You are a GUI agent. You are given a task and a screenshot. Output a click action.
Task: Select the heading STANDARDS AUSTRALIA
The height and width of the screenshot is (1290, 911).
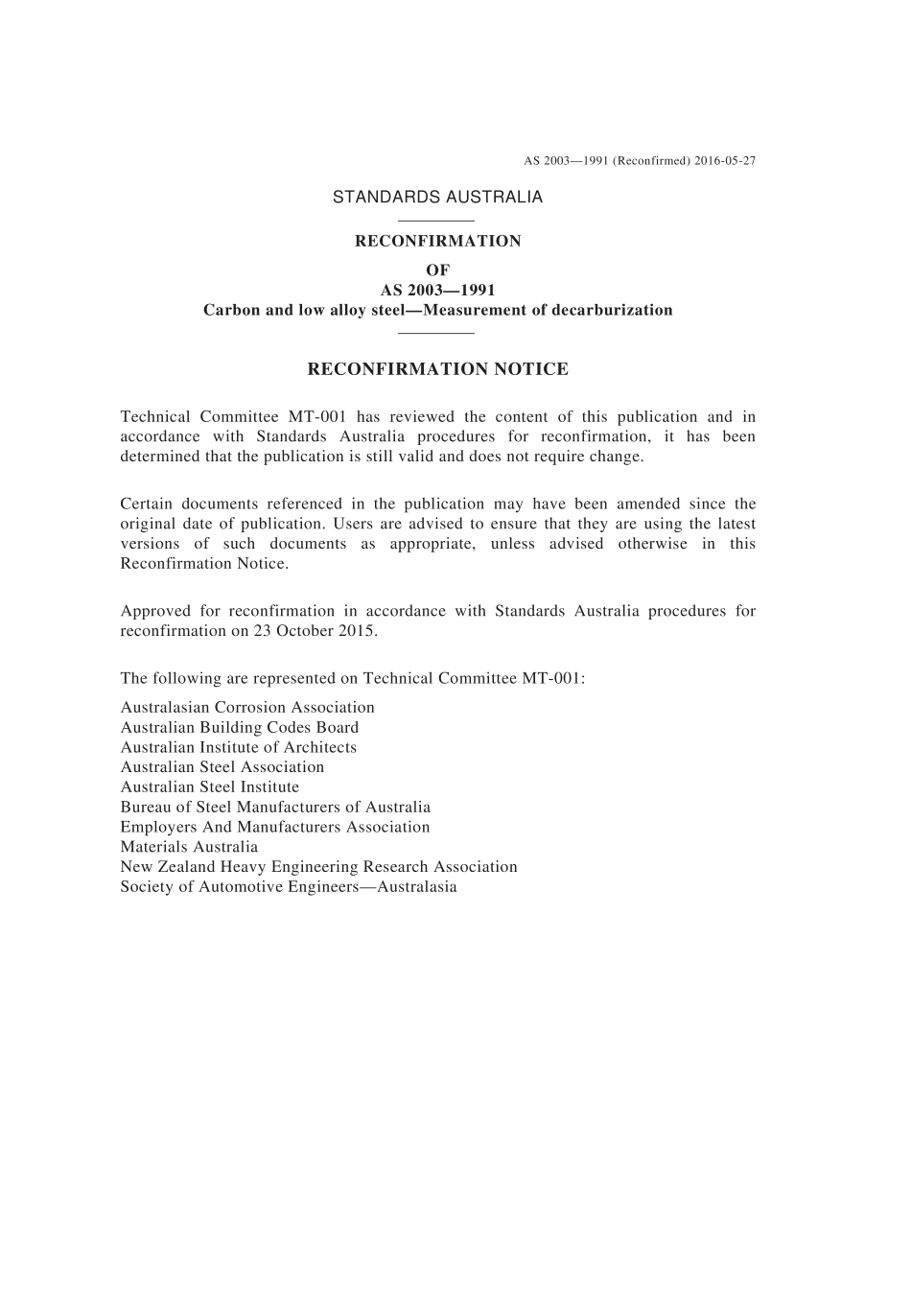click(437, 197)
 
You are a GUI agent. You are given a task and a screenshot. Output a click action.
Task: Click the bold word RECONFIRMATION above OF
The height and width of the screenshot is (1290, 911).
click(437, 241)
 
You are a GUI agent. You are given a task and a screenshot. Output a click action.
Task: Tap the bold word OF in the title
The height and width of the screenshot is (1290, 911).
click(437, 270)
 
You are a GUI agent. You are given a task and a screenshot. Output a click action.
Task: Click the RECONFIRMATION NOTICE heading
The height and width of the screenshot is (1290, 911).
click(437, 369)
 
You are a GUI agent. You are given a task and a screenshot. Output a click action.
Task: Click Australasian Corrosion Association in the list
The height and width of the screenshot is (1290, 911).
click(247, 707)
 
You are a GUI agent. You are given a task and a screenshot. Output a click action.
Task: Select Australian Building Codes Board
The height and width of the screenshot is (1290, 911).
click(240, 727)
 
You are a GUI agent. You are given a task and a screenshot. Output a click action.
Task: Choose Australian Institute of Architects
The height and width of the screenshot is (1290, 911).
click(238, 747)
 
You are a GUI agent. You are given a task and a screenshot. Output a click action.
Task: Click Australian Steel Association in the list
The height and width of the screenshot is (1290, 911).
click(222, 767)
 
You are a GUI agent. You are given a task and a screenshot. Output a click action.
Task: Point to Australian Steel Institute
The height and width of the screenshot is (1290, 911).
click(210, 786)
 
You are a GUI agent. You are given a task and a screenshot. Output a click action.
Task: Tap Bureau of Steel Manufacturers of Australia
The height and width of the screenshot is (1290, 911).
click(275, 807)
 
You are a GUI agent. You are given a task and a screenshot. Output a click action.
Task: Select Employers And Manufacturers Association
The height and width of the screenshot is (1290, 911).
click(275, 827)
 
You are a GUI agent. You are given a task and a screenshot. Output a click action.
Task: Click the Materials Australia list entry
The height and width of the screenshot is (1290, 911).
click(189, 847)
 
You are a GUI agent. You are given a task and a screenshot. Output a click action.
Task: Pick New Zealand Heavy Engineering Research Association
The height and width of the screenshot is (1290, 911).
click(318, 867)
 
